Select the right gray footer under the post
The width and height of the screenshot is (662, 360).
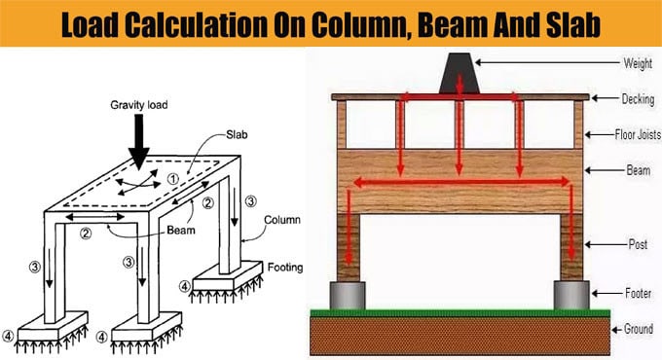point(570,294)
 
